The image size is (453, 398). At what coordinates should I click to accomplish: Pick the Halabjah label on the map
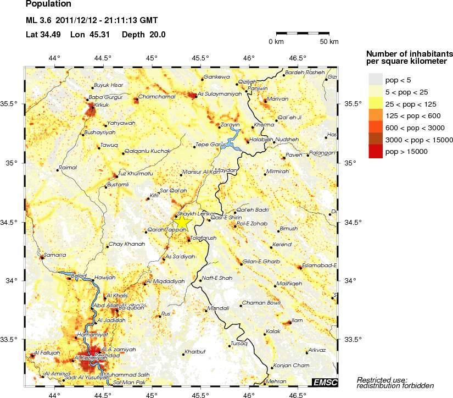(262, 140)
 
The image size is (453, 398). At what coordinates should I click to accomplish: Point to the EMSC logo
(325, 382)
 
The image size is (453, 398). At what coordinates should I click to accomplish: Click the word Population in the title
(48, 5)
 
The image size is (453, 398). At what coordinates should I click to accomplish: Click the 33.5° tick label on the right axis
(351, 339)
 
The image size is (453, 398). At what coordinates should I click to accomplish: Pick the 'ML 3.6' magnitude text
(37, 21)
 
